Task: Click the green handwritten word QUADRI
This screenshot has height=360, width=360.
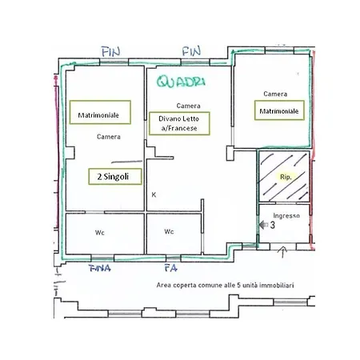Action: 181,82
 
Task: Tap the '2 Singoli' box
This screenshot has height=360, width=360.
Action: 115,177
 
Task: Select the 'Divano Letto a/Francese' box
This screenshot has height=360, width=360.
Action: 179,123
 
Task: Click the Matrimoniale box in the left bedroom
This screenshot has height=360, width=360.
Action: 100,112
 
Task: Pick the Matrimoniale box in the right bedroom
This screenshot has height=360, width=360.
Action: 279,110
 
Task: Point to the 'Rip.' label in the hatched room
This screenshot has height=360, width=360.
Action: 286,177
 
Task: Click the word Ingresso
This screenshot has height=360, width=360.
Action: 286,215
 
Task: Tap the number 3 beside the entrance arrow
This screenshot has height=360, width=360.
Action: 272,225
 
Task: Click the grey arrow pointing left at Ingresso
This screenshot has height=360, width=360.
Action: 263,225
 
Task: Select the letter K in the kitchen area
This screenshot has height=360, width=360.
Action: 154,195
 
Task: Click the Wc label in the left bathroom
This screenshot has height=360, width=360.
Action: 100,233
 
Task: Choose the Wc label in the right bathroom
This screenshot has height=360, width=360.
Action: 169,231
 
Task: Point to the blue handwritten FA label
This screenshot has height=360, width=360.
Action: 170,268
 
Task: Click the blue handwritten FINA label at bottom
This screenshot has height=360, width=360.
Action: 99,268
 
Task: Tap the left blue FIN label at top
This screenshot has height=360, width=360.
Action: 111,52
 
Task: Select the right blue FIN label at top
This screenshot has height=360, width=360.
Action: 191,51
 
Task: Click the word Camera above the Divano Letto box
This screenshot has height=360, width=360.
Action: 188,106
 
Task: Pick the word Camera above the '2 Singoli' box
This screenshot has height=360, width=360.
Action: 109,137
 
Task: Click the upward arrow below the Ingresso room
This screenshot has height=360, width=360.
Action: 282,252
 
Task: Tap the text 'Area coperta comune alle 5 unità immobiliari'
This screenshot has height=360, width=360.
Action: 225,286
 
